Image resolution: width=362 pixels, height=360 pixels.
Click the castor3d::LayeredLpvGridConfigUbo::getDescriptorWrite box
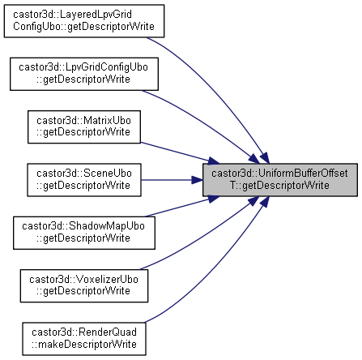[84, 21]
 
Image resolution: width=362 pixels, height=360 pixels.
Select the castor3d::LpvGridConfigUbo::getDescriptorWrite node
[84, 74]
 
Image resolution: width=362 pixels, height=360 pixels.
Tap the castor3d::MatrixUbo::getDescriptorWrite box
[84, 126]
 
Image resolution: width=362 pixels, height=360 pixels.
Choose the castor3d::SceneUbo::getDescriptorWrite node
[84, 180]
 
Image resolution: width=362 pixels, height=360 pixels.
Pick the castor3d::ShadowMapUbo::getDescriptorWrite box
[84, 233]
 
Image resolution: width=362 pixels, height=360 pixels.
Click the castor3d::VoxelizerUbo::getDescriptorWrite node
[84, 285]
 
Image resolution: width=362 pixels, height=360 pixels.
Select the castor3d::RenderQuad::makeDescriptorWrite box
[84, 339]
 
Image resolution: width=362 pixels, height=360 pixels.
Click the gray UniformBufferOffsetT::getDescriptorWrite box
[280, 180]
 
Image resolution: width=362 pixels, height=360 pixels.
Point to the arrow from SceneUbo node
[172, 180]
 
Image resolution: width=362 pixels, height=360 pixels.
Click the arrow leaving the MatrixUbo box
[180, 153]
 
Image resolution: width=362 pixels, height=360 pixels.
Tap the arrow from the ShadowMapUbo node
[181, 206]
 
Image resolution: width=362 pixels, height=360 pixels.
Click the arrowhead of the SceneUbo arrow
[198, 180]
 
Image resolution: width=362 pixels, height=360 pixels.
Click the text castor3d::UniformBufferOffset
[279, 174]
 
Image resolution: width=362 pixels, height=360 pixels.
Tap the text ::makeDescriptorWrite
[84, 345]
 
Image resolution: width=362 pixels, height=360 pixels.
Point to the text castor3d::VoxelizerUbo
[83, 280]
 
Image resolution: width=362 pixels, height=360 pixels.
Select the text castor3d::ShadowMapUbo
[83, 226]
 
